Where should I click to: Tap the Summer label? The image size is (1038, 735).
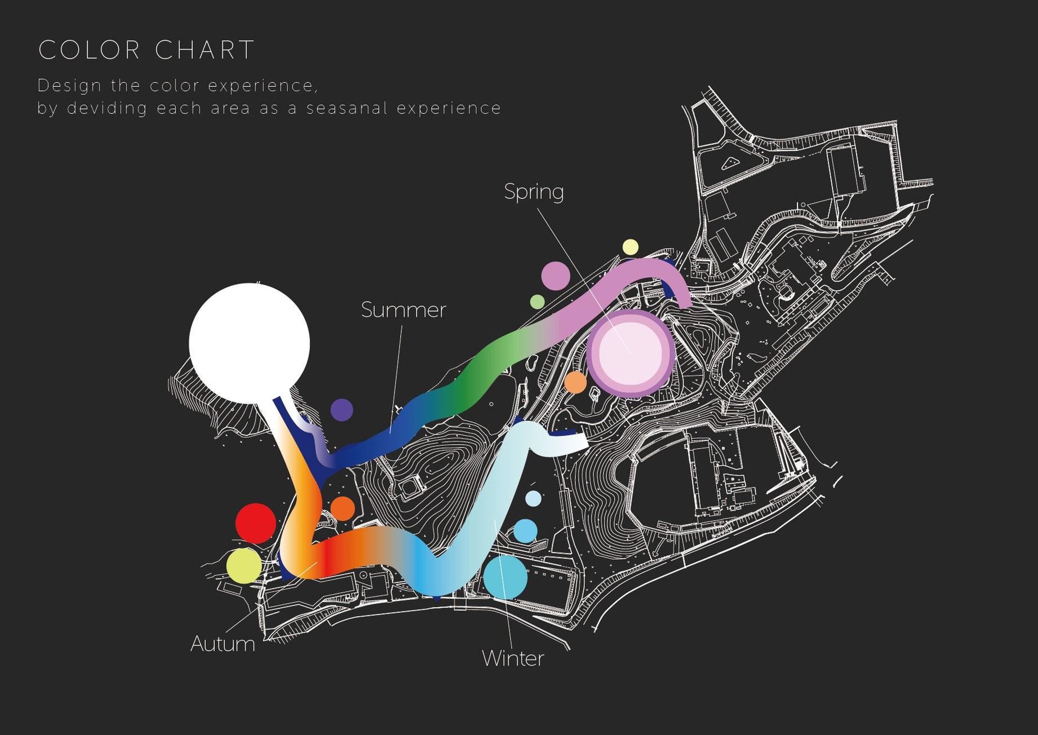403,310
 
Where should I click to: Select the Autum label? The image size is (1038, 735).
223,644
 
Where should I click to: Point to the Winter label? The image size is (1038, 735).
513,658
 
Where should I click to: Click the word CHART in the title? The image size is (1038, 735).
205,50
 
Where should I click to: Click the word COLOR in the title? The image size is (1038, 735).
89,50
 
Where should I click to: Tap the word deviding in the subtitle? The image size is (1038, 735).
107,108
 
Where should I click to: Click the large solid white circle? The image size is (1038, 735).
249,344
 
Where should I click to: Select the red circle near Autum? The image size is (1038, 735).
256,524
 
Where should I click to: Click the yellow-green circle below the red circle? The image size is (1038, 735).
244,566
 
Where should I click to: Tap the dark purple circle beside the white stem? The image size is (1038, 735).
341,410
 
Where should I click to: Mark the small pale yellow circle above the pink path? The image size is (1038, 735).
631,247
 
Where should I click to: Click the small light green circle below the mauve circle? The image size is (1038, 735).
538,302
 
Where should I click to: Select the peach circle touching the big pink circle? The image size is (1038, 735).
575,382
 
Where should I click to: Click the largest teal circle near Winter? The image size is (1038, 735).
505,577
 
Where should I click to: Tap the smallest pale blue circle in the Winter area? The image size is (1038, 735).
533,498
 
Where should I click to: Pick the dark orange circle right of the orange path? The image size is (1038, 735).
343,508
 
